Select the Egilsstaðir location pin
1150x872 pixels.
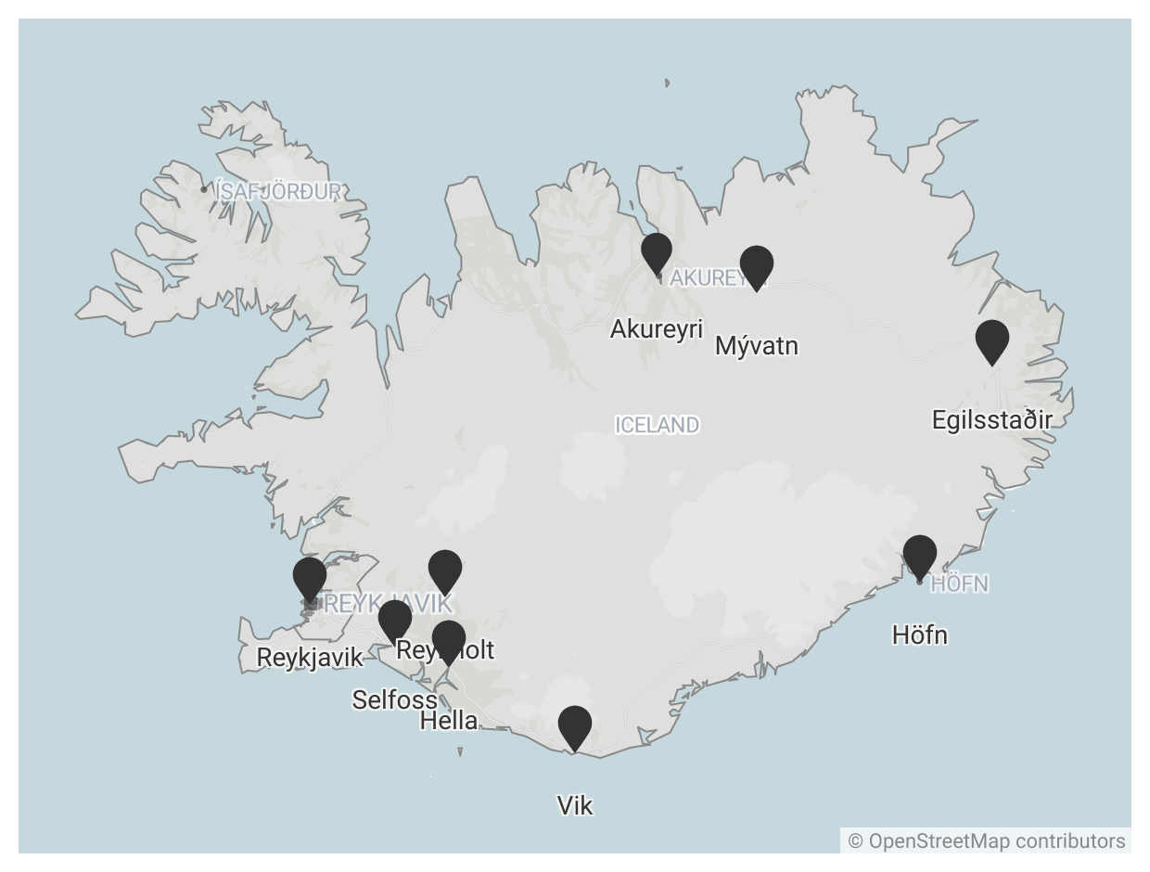992,340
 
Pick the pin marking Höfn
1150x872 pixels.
920,556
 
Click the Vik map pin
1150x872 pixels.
575,726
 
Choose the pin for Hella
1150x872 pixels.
449,641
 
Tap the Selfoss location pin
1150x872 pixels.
395,620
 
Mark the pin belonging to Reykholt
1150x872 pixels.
445,570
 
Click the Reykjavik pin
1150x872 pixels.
310,578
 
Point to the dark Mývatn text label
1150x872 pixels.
757,346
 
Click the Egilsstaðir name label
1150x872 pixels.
992,420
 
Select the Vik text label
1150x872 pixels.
575,806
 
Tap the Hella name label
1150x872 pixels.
449,721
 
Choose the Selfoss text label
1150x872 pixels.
394,699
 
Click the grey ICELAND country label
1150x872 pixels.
657,425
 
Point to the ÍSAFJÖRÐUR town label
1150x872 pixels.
278,192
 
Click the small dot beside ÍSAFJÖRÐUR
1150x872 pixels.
204,189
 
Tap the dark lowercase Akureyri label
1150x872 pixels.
657,329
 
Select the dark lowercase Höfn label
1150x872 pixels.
920,635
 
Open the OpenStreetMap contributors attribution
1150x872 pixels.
987,841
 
